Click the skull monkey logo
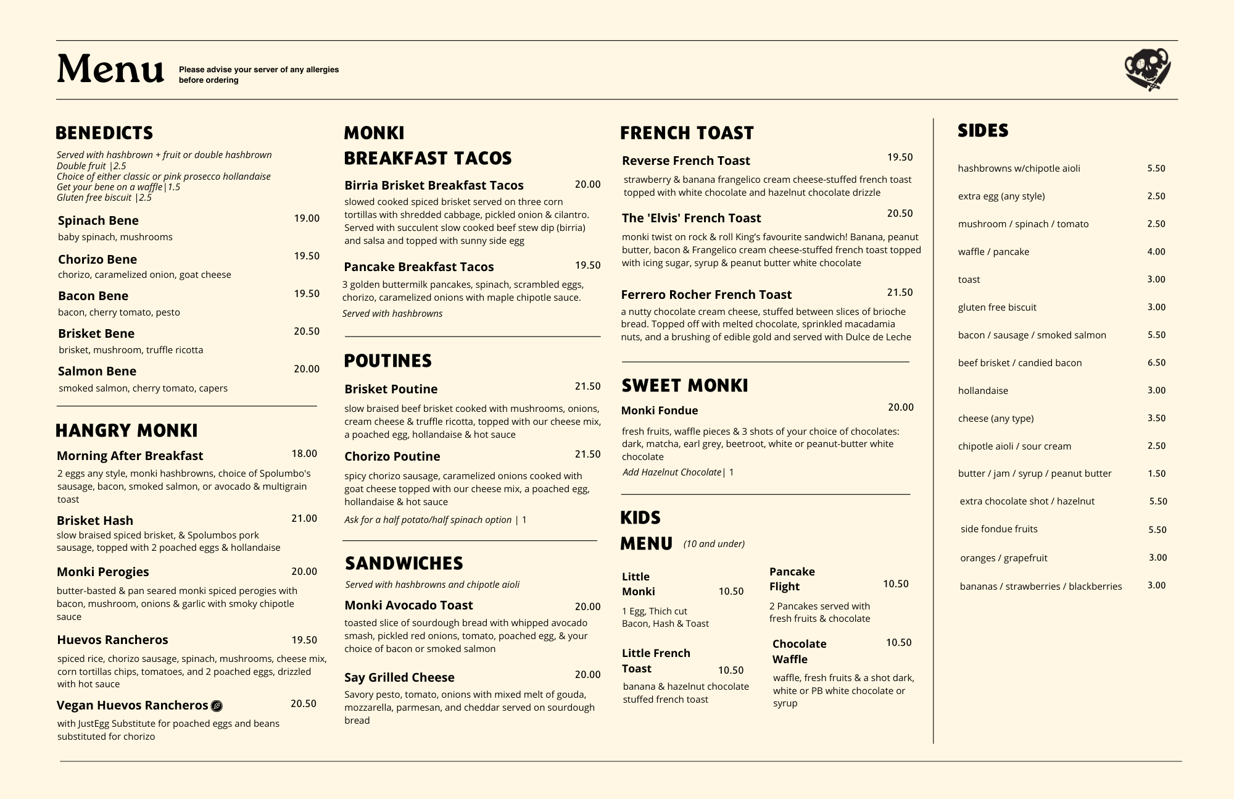tap(1147, 69)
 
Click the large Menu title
tap(110, 69)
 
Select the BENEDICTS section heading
tap(104, 133)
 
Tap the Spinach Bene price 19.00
tap(307, 218)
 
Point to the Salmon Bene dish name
tap(97, 371)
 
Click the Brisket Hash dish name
tap(95, 521)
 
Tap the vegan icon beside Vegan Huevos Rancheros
tap(217, 706)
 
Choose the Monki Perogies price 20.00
tap(304, 571)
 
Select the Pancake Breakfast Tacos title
tap(419, 267)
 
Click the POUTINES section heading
tap(387, 361)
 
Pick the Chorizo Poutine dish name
tap(392, 456)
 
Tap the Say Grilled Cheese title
tap(399, 677)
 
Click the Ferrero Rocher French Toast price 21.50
tap(900, 292)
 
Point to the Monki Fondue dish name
tap(660, 411)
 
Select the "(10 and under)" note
tap(714, 544)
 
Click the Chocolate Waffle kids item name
tap(799, 651)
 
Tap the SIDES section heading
tap(983, 130)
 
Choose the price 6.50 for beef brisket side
tap(1156, 362)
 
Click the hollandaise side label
tap(983, 390)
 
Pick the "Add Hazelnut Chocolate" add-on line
tap(677, 472)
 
